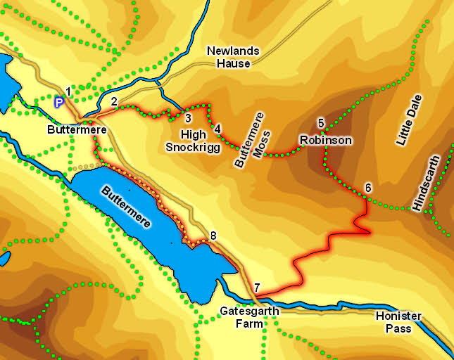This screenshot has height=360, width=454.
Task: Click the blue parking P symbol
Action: pyautogui.click(x=59, y=103)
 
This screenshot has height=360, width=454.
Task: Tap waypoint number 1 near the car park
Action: pyautogui.click(x=68, y=91)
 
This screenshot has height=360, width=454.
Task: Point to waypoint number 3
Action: pyautogui.click(x=188, y=117)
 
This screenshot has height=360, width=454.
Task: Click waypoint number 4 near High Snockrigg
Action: pyautogui.click(x=217, y=129)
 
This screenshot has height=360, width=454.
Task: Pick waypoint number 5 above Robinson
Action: pyautogui.click(x=321, y=122)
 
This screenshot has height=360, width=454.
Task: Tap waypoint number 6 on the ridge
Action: pyautogui.click(x=367, y=188)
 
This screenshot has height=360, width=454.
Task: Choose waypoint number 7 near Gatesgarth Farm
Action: pyautogui.click(x=258, y=287)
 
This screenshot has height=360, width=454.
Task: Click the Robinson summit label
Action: pyautogui.click(x=325, y=140)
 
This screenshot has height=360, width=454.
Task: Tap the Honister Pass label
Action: pyautogui.click(x=398, y=322)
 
